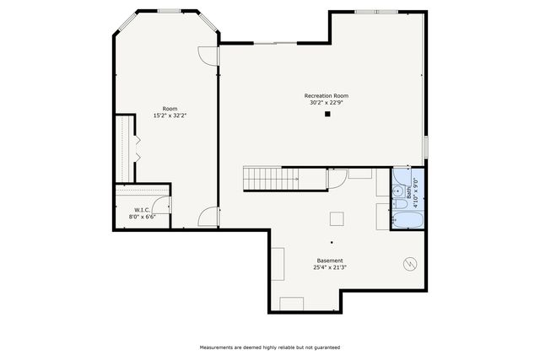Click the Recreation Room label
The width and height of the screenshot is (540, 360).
tap(326, 96)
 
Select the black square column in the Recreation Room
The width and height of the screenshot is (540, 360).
tap(327, 115)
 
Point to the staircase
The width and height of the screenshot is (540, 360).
tap(272, 178)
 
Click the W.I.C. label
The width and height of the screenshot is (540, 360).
tap(142, 210)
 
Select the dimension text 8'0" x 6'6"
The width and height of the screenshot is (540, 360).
tap(142, 218)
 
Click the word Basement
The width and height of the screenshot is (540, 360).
tap(330, 261)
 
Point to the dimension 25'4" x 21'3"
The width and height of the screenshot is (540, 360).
tap(330, 268)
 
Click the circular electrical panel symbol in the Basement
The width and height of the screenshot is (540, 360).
tap(410, 263)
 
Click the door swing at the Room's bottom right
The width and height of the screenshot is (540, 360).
tap(208, 218)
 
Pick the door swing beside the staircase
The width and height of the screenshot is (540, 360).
tap(336, 177)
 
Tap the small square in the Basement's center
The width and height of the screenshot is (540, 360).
tap(336, 218)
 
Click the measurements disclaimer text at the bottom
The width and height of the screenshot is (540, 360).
tap(269, 347)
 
